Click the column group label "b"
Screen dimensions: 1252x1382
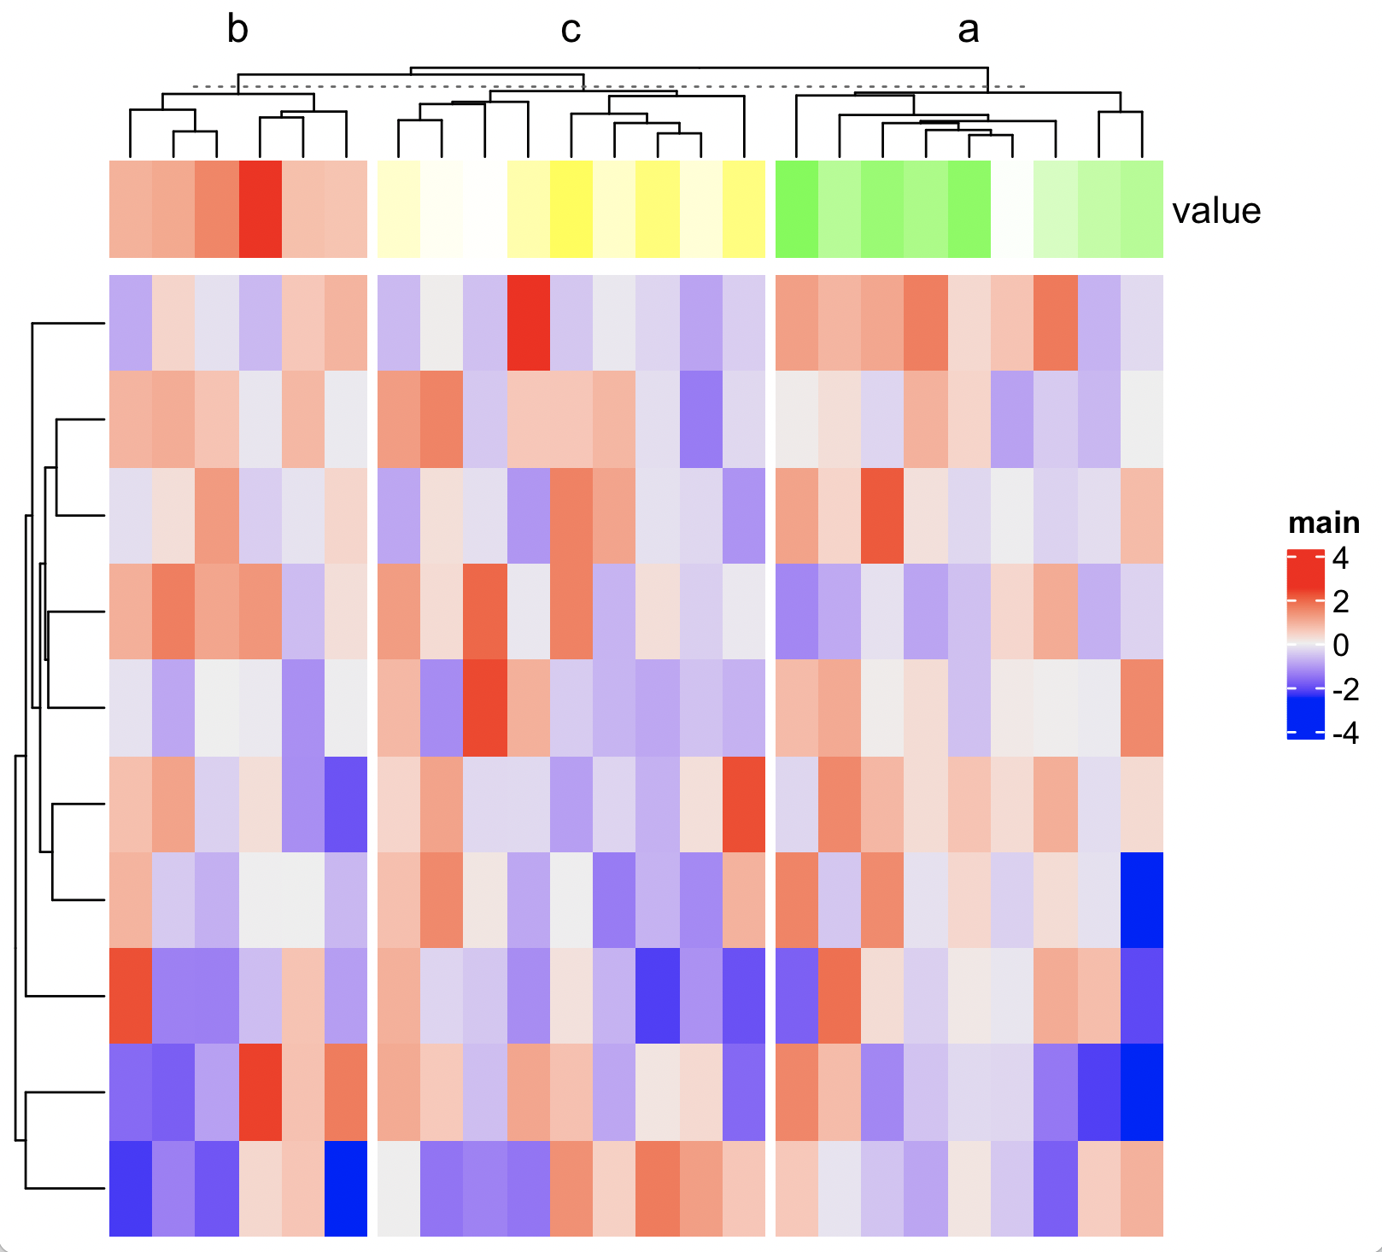point(237,30)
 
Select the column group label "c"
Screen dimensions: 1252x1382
point(571,30)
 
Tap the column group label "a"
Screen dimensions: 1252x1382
point(968,30)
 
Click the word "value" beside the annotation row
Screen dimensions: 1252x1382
point(1215,211)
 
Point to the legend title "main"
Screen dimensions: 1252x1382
point(1323,522)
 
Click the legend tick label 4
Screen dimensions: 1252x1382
point(1340,558)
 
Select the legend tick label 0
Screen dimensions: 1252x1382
point(1340,645)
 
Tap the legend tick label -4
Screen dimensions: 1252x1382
point(1344,733)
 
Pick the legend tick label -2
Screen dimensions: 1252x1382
point(1344,689)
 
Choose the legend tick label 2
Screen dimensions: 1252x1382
point(1340,601)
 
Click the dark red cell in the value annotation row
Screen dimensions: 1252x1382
point(260,209)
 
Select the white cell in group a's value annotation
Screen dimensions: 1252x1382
point(1012,209)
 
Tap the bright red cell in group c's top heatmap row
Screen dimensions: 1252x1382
point(528,323)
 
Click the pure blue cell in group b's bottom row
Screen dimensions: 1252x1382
point(346,1188)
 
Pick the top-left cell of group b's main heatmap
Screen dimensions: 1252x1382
point(131,323)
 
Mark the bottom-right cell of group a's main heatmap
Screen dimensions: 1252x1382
point(1142,1188)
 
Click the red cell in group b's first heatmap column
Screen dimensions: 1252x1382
point(131,995)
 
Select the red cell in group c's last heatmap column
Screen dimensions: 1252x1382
point(744,804)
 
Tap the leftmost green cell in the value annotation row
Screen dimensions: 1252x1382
point(797,209)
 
